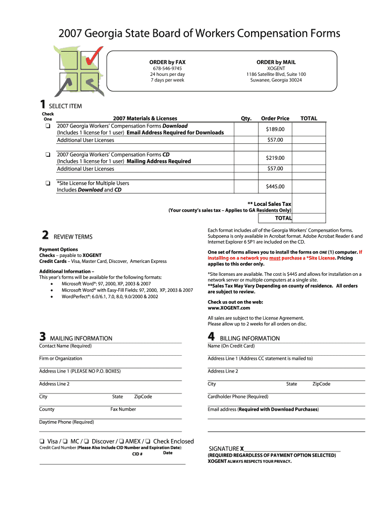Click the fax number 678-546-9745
tap(167, 68)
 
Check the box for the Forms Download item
tap(47, 126)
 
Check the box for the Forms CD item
tap(47, 155)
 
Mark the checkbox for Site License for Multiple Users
tap(47, 184)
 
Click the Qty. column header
tap(246, 119)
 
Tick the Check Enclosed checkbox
tap(148, 442)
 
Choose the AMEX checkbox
tap(121, 442)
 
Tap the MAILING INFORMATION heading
tap(81, 338)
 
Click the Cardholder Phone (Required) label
tap(238, 397)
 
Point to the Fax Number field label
tap(123, 409)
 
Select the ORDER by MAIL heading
tap(276, 62)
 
